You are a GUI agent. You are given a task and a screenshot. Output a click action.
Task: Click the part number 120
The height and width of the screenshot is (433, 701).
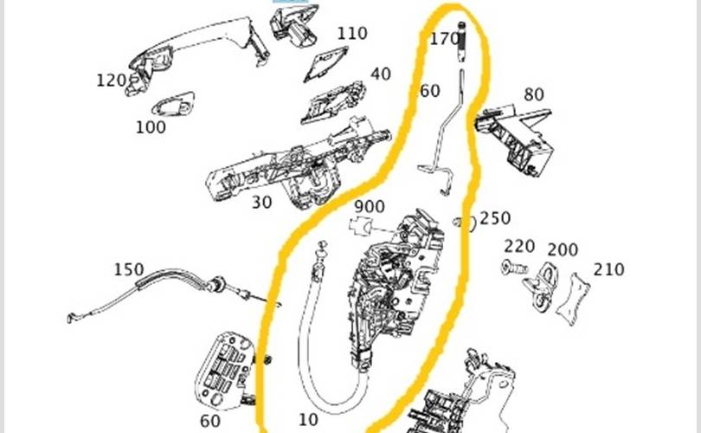pyautogui.click(x=111, y=81)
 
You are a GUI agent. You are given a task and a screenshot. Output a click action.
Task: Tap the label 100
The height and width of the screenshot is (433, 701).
pyautogui.click(x=151, y=127)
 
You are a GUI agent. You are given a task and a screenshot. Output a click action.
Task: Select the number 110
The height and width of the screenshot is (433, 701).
pyautogui.click(x=352, y=33)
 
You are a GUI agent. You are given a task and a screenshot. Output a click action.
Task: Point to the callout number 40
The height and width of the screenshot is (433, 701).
pyautogui.click(x=381, y=74)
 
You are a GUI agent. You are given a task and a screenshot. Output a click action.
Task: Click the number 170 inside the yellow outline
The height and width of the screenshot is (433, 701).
pyautogui.click(x=444, y=39)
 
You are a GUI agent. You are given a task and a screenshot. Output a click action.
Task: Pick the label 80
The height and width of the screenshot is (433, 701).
pyautogui.click(x=534, y=94)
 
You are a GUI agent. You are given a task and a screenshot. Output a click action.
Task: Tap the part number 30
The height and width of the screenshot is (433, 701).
pyautogui.click(x=261, y=202)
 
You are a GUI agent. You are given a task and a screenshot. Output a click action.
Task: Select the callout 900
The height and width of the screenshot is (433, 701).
pyautogui.click(x=370, y=207)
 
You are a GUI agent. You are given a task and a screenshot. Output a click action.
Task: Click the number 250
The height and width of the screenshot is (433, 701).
pyautogui.click(x=495, y=218)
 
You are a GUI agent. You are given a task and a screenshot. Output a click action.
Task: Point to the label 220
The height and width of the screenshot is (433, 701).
pyautogui.click(x=519, y=247)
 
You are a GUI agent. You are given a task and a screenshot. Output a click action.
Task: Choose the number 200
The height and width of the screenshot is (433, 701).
pyautogui.click(x=563, y=249)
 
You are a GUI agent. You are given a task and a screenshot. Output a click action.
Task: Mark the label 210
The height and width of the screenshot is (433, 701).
pyautogui.click(x=609, y=269)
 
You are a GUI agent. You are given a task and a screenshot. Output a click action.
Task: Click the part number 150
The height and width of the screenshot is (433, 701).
pyautogui.click(x=129, y=269)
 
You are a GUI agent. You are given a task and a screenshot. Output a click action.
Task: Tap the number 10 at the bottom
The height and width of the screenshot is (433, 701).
pyautogui.click(x=308, y=420)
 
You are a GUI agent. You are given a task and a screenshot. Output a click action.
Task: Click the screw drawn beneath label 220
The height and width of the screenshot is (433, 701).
pyautogui.click(x=515, y=268)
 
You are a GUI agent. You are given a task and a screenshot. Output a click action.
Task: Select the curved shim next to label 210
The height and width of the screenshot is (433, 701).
pyautogui.click(x=573, y=299)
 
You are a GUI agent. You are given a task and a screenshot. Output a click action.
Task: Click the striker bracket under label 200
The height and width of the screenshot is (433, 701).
pyautogui.click(x=542, y=286)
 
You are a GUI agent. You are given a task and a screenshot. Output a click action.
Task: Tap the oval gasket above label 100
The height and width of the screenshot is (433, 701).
pyautogui.click(x=173, y=105)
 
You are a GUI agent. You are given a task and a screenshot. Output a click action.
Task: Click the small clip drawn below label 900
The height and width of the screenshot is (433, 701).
pyautogui.click(x=362, y=225)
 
